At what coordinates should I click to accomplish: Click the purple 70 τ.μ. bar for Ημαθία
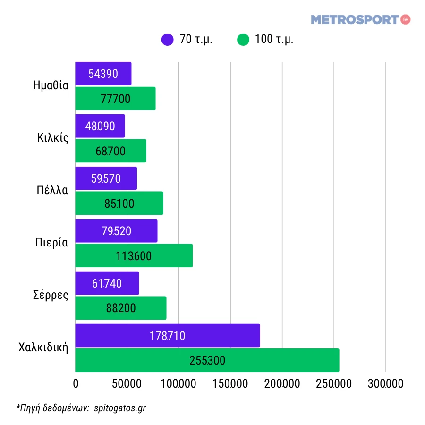click(x=103, y=74)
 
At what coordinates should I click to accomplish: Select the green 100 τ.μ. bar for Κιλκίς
click(x=110, y=151)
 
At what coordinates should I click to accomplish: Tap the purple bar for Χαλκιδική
click(x=168, y=336)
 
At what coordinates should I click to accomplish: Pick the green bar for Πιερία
click(x=134, y=256)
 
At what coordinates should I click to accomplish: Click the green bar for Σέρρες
click(x=120, y=308)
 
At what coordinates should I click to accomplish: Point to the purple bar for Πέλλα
click(x=106, y=178)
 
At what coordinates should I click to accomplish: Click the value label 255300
click(x=207, y=361)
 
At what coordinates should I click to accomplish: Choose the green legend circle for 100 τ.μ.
click(x=243, y=40)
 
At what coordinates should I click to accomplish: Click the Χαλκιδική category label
click(x=43, y=348)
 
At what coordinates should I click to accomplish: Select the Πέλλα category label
click(x=52, y=190)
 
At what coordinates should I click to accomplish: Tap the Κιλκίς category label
click(x=53, y=138)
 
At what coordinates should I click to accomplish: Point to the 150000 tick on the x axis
click(x=230, y=384)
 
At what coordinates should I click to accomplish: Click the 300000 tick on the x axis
click(x=385, y=384)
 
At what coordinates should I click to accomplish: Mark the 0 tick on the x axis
click(x=76, y=384)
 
